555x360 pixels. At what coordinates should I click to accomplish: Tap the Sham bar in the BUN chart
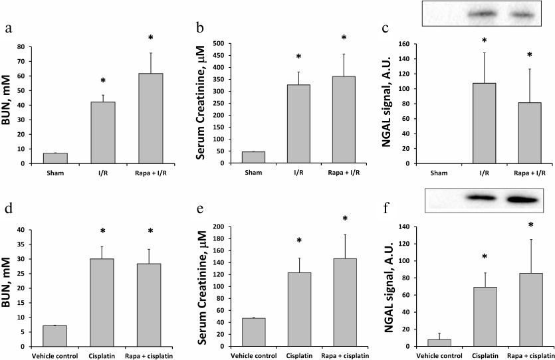pyautogui.click(x=56, y=158)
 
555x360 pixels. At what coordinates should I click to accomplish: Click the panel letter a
pyautogui.click(x=8, y=29)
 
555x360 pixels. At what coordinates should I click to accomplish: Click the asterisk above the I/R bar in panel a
pyautogui.click(x=103, y=82)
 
